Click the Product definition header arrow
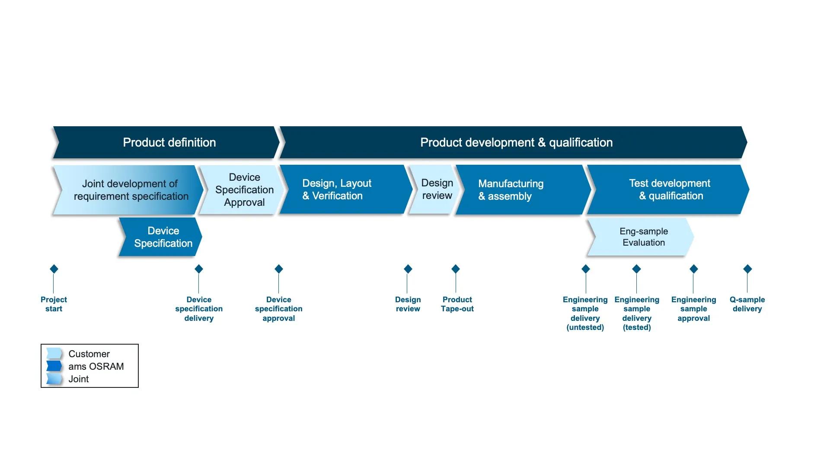pos(169,142)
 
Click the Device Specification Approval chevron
pos(244,190)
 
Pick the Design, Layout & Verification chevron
pos(342,190)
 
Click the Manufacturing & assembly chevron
pos(519,190)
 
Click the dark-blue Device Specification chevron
pos(162,237)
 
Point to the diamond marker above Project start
pos(54,269)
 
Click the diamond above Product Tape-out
pos(456,269)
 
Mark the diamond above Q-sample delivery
pos(747,269)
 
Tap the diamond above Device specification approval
pos(279,269)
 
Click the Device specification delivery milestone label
pos(199,309)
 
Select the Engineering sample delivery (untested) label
pos(585,313)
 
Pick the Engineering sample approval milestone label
pos(693,309)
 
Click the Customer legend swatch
pos(54,354)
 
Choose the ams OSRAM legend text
pos(96,366)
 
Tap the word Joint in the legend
pos(79,379)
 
